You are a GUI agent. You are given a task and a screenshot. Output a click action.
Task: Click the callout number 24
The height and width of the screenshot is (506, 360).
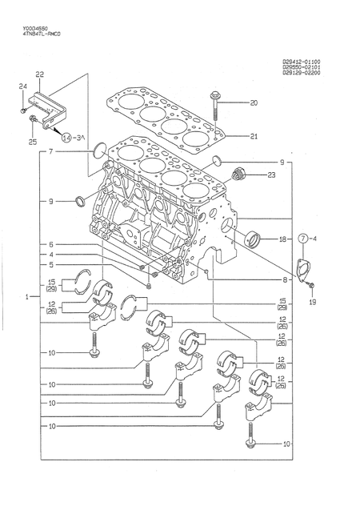coord(22,86)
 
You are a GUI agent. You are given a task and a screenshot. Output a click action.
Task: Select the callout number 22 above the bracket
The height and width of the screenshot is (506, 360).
coord(39,74)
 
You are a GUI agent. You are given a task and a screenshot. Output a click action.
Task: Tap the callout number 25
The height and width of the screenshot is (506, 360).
coord(32,143)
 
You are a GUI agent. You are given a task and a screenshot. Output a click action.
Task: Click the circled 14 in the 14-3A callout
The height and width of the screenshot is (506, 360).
coord(66,138)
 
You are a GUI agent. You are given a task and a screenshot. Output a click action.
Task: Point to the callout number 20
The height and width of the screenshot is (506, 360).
coord(254,102)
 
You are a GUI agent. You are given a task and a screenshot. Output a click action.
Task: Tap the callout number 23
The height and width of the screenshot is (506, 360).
coord(271,175)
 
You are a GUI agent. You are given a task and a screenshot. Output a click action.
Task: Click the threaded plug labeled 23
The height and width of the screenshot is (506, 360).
coord(238,173)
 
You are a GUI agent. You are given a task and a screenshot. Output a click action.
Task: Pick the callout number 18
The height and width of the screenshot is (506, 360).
coord(282,239)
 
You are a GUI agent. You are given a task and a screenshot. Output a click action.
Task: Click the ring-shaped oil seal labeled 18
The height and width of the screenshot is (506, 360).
coord(253,238)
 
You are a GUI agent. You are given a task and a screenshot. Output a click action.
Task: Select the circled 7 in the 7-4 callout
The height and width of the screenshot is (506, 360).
coord(304,239)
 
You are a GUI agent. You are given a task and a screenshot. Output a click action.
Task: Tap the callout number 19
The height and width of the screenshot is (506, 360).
coord(312,303)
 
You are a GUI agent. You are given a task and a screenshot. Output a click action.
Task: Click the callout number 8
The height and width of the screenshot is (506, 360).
coord(284,280)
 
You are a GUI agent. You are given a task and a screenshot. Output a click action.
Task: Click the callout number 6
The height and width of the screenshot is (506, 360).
coord(50,244)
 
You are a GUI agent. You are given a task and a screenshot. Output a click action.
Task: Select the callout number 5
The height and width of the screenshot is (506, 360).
coord(50,265)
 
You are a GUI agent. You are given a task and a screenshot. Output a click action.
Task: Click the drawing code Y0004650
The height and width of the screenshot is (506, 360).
coord(29,28)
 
